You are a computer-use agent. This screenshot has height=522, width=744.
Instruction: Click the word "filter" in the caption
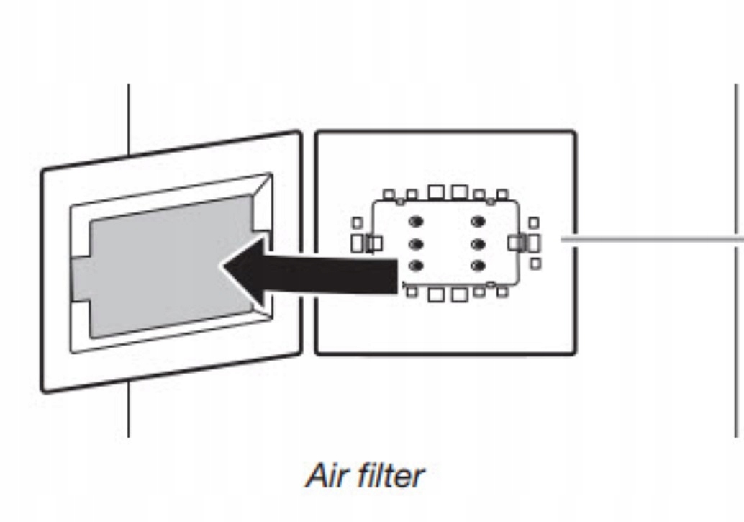(391, 475)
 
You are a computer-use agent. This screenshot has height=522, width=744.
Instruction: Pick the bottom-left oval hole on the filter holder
(415, 266)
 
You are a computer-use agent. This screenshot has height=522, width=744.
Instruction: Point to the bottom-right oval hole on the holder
(476, 266)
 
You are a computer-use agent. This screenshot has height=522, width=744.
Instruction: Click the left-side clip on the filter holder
(372, 243)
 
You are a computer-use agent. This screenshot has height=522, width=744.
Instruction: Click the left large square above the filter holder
(436, 192)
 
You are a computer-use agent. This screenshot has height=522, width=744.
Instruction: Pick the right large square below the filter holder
(458, 294)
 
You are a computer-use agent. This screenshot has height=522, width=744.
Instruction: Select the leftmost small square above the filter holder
(389, 195)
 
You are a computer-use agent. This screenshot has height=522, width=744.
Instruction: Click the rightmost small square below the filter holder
(502, 292)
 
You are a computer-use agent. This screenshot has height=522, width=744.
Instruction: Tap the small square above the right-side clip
(534, 223)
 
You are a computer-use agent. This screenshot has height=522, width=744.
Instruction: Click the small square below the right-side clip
(535, 264)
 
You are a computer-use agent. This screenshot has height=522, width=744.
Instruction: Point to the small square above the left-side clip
(357, 223)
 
